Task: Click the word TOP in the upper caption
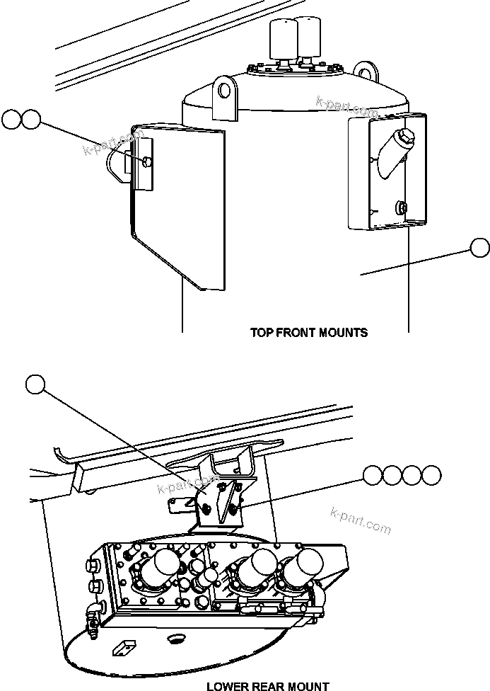click(x=262, y=332)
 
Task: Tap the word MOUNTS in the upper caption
click(x=344, y=332)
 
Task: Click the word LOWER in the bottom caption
click(x=228, y=686)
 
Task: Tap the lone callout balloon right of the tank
click(x=479, y=248)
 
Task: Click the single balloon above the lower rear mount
click(x=35, y=384)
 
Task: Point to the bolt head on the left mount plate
click(x=146, y=162)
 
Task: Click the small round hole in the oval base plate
click(x=175, y=639)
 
